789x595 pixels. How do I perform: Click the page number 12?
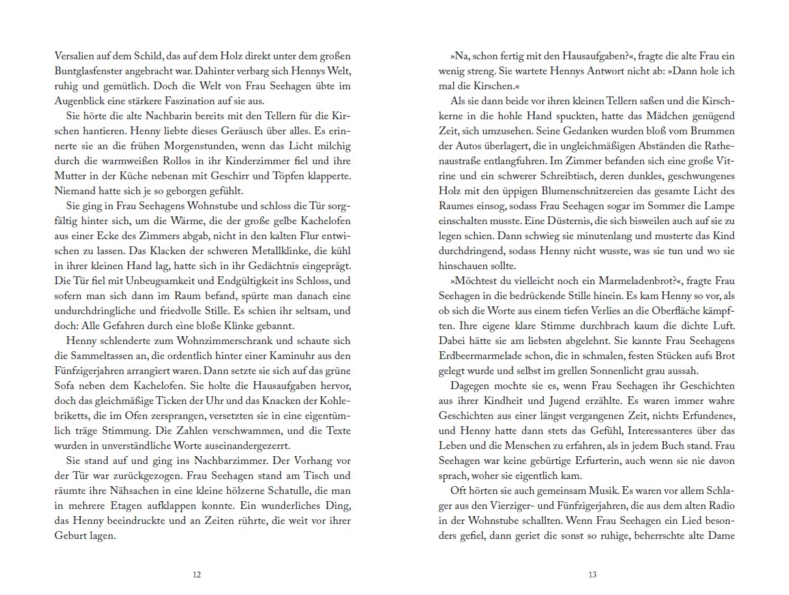click(197, 575)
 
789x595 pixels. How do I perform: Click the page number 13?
click(591, 575)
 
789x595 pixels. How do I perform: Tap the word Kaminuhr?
click(297, 356)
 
